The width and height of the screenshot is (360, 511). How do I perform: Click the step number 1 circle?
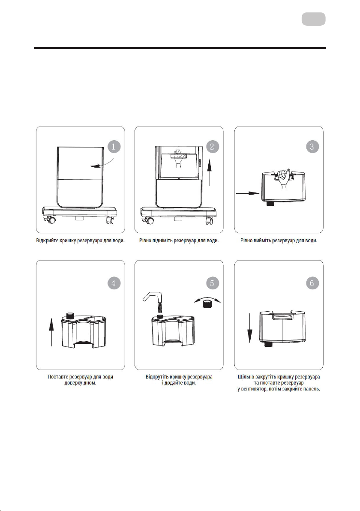[114, 146]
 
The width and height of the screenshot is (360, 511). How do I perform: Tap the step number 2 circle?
[213, 146]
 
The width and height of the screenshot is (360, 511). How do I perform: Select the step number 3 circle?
[312, 146]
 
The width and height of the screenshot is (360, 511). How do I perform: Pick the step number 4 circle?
[114, 283]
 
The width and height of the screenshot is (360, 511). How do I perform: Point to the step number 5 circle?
[213, 283]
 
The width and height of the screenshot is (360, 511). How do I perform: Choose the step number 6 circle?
[312, 283]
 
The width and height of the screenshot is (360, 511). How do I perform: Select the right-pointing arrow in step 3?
[248, 193]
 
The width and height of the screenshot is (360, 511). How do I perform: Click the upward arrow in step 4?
[51, 332]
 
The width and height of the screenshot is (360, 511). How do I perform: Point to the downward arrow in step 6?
[250, 328]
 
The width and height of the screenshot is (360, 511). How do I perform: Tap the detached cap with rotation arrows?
[207, 302]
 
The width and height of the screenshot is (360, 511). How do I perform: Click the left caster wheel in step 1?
[51, 220]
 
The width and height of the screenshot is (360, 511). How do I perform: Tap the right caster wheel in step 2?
[209, 221]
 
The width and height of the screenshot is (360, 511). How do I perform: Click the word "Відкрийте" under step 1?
[48, 240]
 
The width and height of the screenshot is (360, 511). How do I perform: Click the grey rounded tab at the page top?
[313, 19]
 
